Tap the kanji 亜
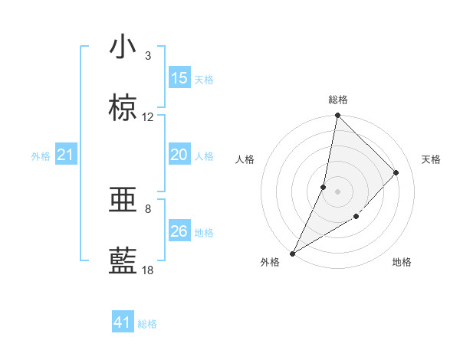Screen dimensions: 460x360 123,200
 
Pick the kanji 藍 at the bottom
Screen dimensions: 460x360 123,261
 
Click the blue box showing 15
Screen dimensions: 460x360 179,78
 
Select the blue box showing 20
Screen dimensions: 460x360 179,155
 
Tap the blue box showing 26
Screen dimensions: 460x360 179,231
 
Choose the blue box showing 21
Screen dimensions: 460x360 65,155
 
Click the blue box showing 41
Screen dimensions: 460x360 123,322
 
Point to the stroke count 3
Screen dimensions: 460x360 148,56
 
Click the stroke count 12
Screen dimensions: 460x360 148,117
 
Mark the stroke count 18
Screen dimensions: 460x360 148,270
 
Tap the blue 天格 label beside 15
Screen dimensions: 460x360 204,79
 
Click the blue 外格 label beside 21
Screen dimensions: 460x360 41,156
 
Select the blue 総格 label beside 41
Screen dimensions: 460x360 147,324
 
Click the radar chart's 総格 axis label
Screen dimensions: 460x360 338,100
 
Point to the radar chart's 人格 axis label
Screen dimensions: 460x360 245,159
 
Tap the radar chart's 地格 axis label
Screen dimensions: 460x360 402,262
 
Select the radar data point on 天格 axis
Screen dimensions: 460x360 396,172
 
